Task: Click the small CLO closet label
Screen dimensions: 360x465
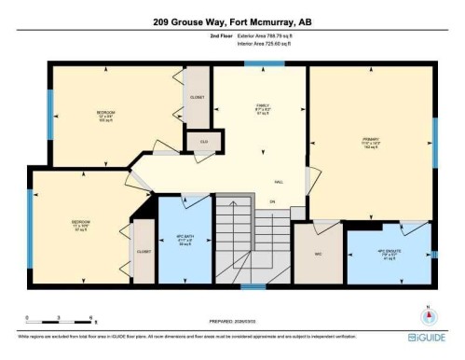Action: [x=202, y=141]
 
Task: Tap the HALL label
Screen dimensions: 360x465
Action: [x=279, y=183]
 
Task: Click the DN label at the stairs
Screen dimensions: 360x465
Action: [x=273, y=202]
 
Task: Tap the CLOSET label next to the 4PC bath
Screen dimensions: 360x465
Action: [x=144, y=252]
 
